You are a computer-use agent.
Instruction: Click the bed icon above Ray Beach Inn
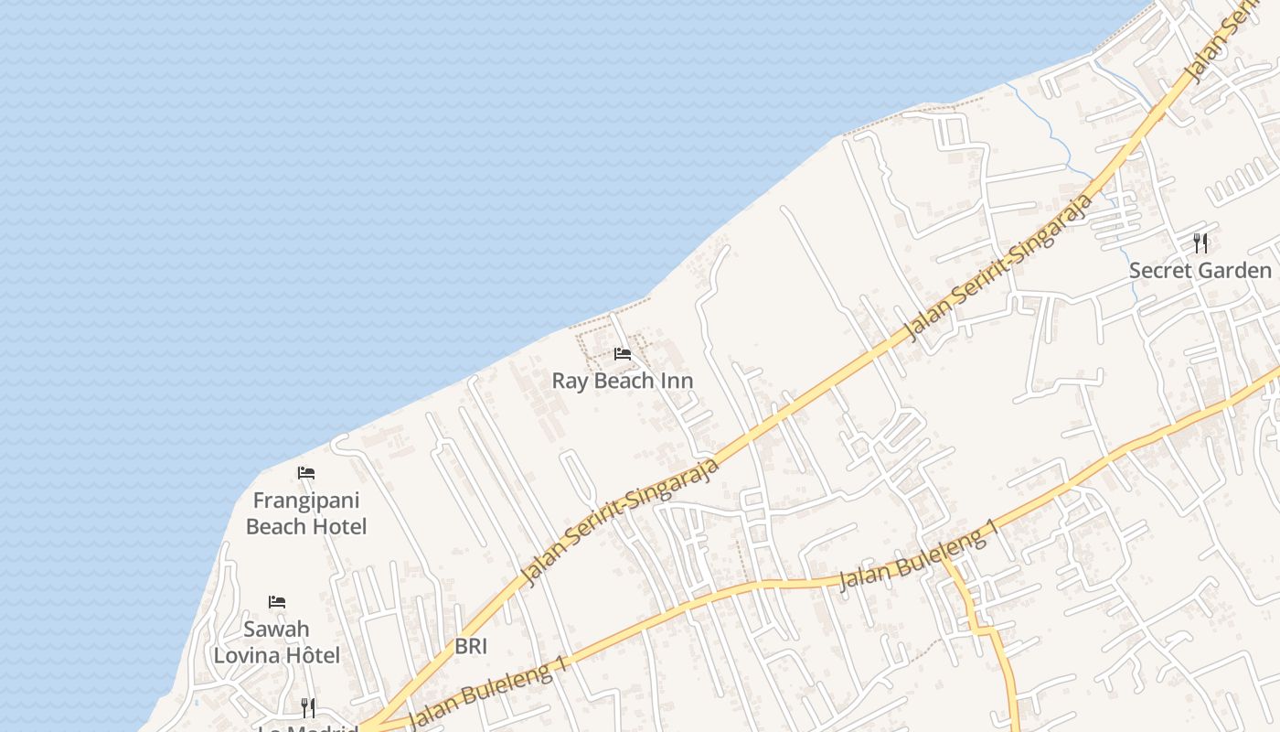click(x=623, y=354)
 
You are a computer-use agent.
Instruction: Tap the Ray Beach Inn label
click(x=623, y=381)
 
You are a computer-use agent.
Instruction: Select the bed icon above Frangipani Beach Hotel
click(x=306, y=473)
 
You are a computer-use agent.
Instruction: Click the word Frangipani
click(x=306, y=501)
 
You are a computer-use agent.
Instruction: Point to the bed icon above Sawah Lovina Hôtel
click(x=277, y=602)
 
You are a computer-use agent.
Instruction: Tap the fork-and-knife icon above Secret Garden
click(x=1200, y=243)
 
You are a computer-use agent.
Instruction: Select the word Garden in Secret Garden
click(x=1234, y=271)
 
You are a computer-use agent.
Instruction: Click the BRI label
click(x=471, y=647)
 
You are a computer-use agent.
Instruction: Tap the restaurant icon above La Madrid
click(x=308, y=707)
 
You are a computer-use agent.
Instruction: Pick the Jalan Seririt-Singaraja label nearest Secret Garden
click(x=998, y=267)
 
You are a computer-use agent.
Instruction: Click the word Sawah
click(x=276, y=630)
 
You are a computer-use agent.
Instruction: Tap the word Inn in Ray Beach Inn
click(x=677, y=381)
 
